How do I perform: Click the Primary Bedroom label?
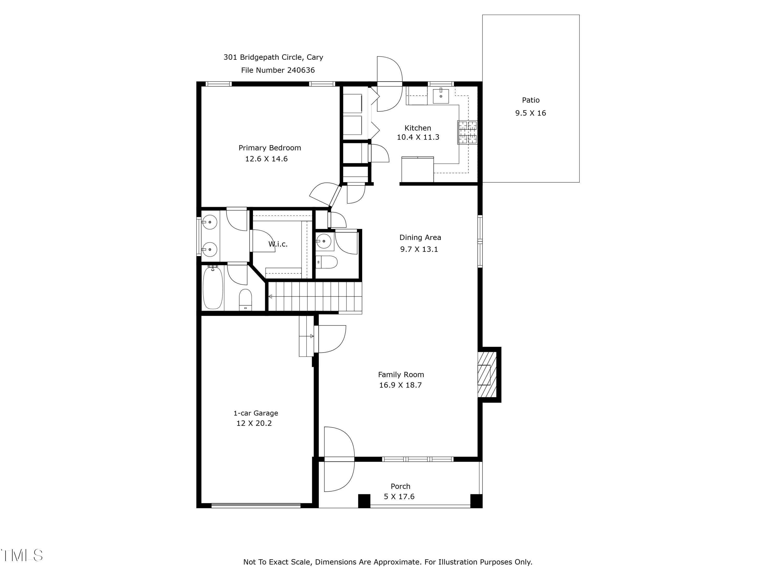tap(270, 148)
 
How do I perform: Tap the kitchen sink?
tap(441, 96)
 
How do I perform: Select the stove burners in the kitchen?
tap(467, 132)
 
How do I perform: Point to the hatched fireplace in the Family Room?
tap(487, 375)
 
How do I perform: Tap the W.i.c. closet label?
tap(278, 244)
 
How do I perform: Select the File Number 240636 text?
tap(278, 70)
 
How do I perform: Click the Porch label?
tap(400, 486)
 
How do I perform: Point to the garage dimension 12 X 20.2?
tap(254, 423)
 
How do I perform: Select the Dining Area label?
tap(420, 237)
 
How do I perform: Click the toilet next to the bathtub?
tap(245, 299)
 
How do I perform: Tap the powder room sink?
tap(323, 241)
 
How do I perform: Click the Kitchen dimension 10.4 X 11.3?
tap(417, 137)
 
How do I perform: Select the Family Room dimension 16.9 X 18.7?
tap(400, 385)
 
